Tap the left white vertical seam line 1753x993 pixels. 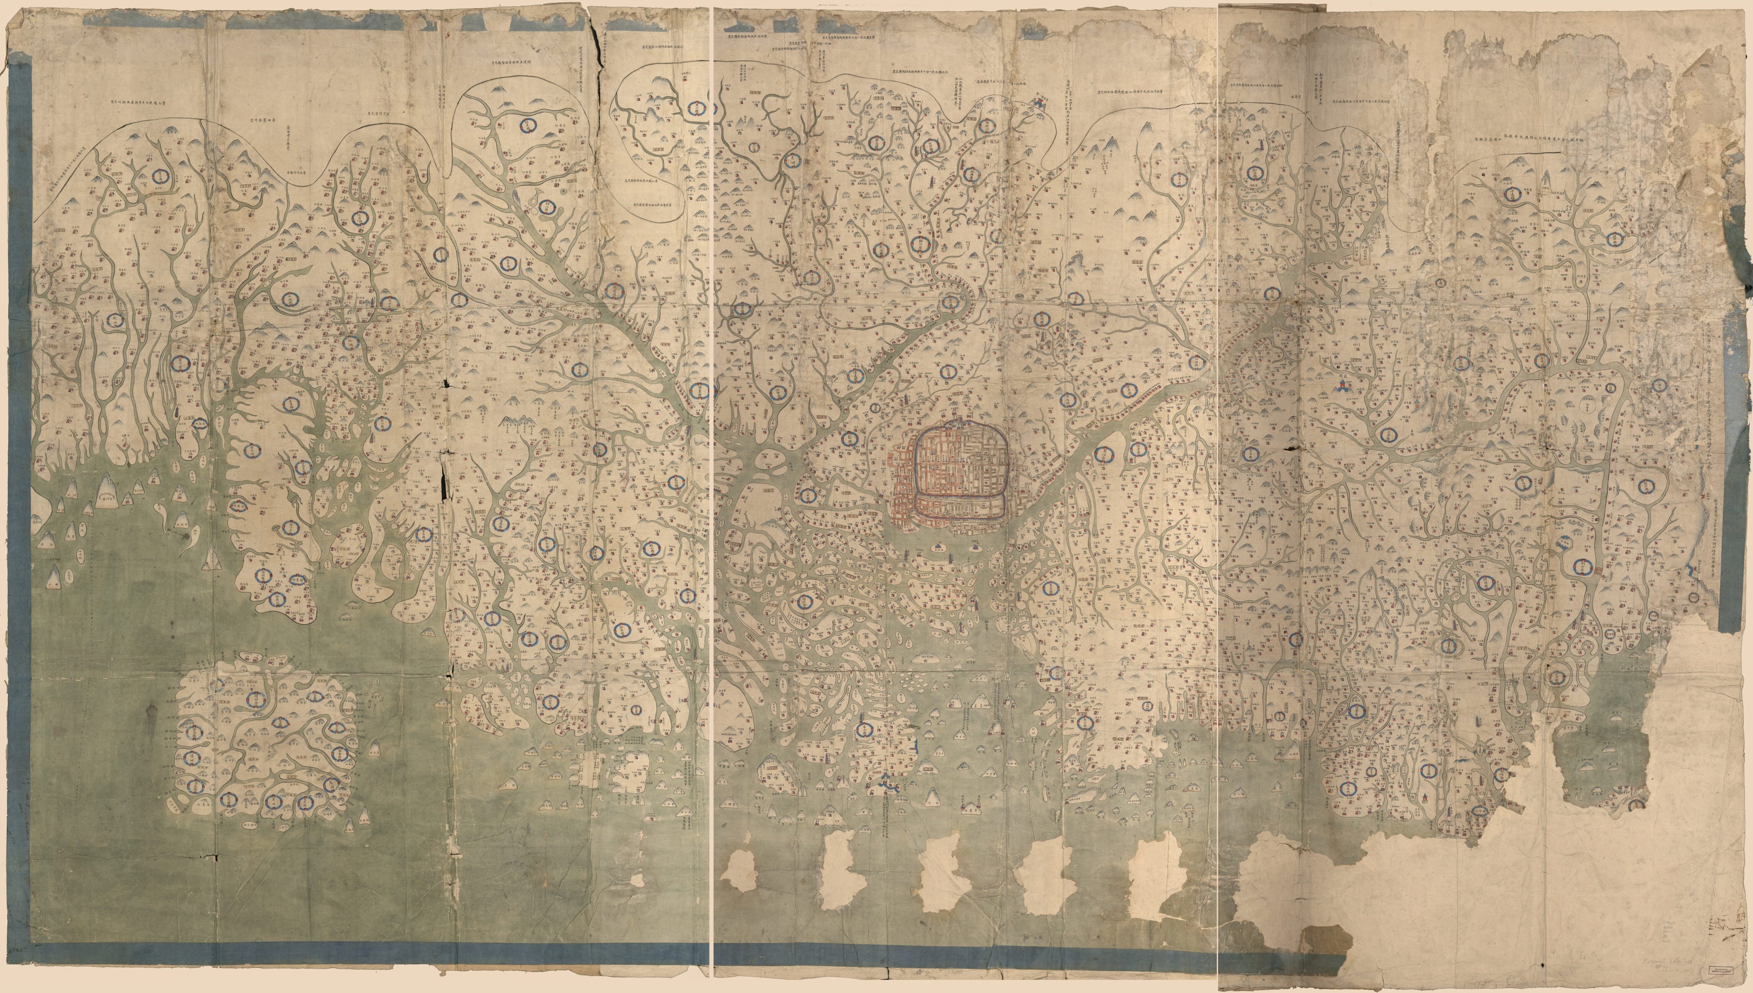pyautogui.click(x=713, y=478)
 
